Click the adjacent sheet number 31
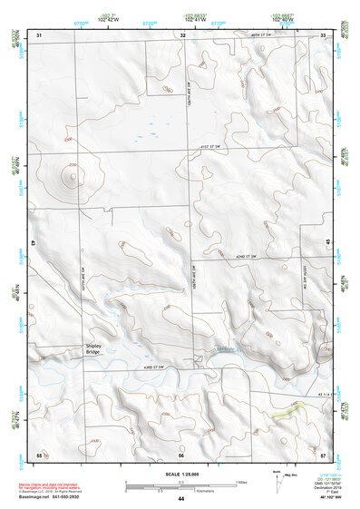click(x=38, y=34)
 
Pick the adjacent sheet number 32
click(x=182, y=34)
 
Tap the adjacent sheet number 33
click(x=325, y=34)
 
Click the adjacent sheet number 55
click(x=38, y=453)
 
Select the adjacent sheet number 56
click(x=181, y=454)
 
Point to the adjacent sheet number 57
click(x=324, y=453)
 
